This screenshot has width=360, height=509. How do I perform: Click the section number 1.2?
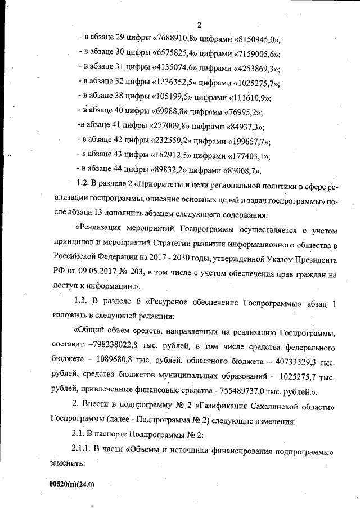click(x=82, y=184)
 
